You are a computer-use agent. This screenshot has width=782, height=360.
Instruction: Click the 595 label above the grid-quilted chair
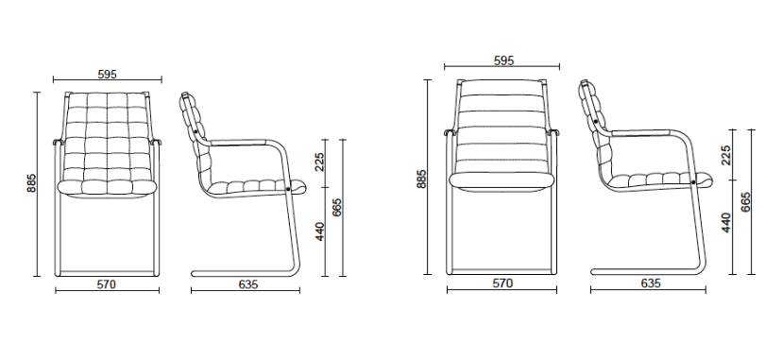point(108,75)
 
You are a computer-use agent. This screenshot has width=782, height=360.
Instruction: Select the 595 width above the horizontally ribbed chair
point(503,60)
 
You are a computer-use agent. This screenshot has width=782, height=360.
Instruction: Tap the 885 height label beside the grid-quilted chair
point(31,183)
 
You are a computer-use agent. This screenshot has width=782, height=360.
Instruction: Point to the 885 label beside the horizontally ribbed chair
point(421,179)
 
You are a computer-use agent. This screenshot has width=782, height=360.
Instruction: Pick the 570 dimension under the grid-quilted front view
point(106,284)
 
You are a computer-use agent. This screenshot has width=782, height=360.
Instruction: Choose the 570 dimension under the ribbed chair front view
point(502,283)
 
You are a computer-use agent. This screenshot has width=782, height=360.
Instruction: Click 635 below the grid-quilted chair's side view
point(248,284)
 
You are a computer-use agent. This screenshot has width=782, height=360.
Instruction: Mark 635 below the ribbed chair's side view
point(651,283)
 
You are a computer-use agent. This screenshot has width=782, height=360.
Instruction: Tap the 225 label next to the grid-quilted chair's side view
point(319,162)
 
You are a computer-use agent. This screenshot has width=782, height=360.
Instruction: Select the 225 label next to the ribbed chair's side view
point(726,155)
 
